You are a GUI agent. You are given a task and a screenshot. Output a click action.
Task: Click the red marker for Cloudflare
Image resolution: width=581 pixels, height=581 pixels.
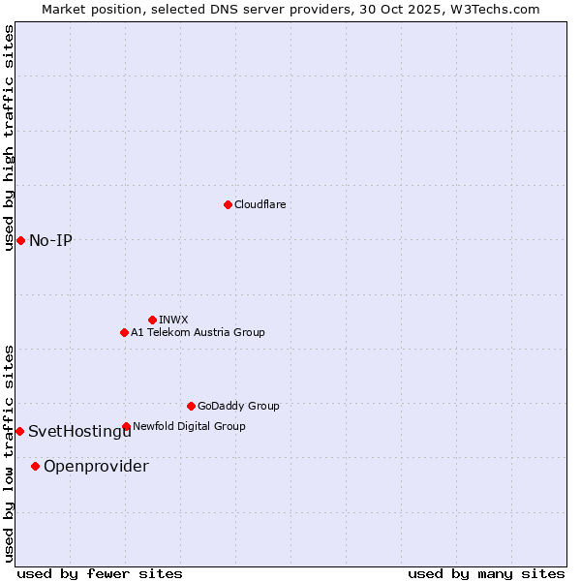pos(228,204)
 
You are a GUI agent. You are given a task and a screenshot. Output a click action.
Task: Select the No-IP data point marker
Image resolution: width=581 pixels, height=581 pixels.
pos(20,240)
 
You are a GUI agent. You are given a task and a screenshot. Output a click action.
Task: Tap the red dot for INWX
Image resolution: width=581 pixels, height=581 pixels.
pos(152,320)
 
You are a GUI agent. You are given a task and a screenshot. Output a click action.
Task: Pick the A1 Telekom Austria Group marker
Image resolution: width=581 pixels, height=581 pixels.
pos(124,332)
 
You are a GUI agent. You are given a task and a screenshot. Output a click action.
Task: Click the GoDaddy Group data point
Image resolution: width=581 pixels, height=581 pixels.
pos(191,406)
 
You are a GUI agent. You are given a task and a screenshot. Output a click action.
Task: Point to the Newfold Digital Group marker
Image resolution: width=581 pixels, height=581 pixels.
pos(126,426)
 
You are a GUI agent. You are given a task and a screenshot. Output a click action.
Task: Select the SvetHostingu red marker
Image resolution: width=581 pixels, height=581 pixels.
pos(19,431)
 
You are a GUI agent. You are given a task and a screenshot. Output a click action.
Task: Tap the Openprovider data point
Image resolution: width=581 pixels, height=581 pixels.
pos(36,466)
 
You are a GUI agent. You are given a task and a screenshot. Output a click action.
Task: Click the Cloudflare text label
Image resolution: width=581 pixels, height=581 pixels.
pos(260,204)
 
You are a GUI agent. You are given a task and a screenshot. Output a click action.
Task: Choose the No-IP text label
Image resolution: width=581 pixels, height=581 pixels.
pos(50,240)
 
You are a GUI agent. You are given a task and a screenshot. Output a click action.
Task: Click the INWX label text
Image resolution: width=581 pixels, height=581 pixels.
pos(173,320)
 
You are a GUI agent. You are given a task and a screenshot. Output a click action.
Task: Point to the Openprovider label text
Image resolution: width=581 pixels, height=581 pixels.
pos(96,467)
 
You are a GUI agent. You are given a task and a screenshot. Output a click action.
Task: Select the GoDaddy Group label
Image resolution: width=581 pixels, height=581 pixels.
pos(238,406)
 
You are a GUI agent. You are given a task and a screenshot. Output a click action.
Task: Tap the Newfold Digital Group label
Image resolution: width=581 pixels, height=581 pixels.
pos(189,426)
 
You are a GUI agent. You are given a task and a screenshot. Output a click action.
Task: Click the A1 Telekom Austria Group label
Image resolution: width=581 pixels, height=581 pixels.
pos(198,332)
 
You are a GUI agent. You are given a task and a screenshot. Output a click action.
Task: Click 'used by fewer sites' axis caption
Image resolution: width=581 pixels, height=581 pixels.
pos(100,573)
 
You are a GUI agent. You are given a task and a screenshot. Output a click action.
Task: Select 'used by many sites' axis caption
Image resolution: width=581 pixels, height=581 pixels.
pos(486,573)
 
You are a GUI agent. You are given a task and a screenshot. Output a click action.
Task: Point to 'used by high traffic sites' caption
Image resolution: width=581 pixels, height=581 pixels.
pos(10,138)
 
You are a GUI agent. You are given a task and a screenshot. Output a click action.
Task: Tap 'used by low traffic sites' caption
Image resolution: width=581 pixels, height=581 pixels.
pos(10,453)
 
